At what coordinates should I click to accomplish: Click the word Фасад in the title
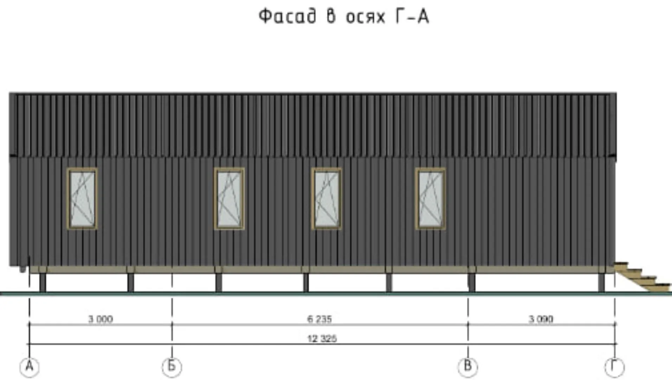click(287, 16)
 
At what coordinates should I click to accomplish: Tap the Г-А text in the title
click(412, 16)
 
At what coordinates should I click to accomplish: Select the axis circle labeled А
click(30, 367)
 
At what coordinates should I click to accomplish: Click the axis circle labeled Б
click(172, 367)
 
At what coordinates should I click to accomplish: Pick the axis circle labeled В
click(468, 367)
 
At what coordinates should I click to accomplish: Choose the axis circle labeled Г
click(615, 367)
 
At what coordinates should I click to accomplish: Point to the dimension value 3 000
click(101, 319)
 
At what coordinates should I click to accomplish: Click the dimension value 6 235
click(319, 319)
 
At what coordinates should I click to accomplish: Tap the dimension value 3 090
click(541, 319)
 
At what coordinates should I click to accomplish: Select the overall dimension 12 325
click(322, 338)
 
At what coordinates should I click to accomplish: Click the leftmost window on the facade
click(82, 199)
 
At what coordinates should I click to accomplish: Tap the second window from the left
click(229, 199)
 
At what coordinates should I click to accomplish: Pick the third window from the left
click(327, 199)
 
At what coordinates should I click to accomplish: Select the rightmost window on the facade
click(430, 199)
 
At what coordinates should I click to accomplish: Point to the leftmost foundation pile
click(43, 283)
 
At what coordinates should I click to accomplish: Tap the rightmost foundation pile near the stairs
click(602, 283)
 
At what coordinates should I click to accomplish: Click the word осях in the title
click(366, 17)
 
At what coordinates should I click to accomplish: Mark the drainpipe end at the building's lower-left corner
click(23, 269)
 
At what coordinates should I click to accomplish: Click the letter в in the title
click(331, 16)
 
